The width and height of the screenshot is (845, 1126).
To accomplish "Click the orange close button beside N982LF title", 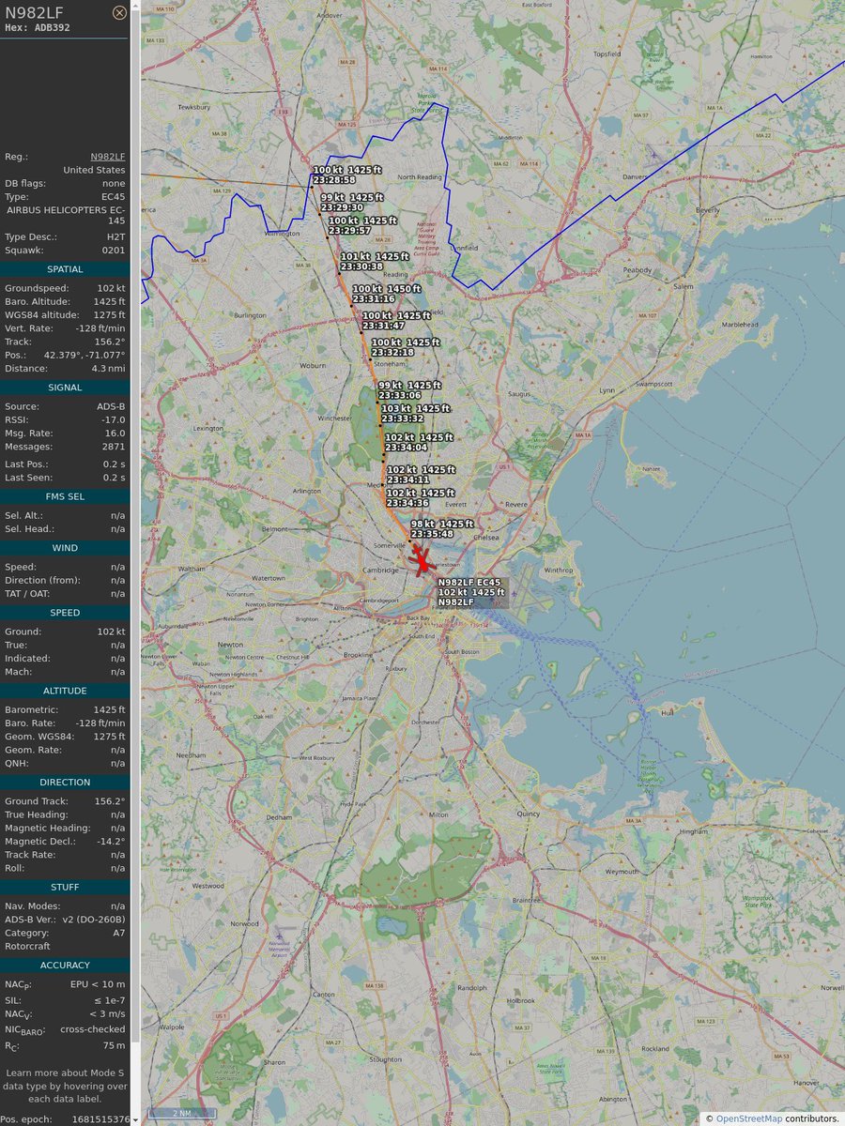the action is (x=119, y=12).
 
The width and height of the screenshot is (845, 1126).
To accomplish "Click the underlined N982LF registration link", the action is (x=107, y=157).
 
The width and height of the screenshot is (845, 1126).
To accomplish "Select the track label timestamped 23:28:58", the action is (x=346, y=175).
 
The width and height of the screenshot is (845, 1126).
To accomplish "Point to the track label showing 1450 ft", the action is (x=386, y=294).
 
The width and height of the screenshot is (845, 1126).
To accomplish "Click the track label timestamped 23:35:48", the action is (x=441, y=528).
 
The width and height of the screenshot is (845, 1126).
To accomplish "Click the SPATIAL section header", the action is (x=65, y=269).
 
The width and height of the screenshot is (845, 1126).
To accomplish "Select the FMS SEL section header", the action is (x=65, y=496).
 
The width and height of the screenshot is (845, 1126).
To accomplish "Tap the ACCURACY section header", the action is (x=65, y=965).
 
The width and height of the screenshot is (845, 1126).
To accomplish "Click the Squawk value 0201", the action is (x=114, y=251).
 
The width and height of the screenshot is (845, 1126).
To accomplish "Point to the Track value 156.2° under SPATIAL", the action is (x=109, y=342).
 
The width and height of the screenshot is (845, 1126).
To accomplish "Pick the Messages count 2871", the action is (x=113, y=447).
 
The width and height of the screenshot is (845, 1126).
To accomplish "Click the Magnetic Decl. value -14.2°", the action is (x=109, y=842).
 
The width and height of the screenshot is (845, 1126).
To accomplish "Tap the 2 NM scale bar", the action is (x=182, y=1114).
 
